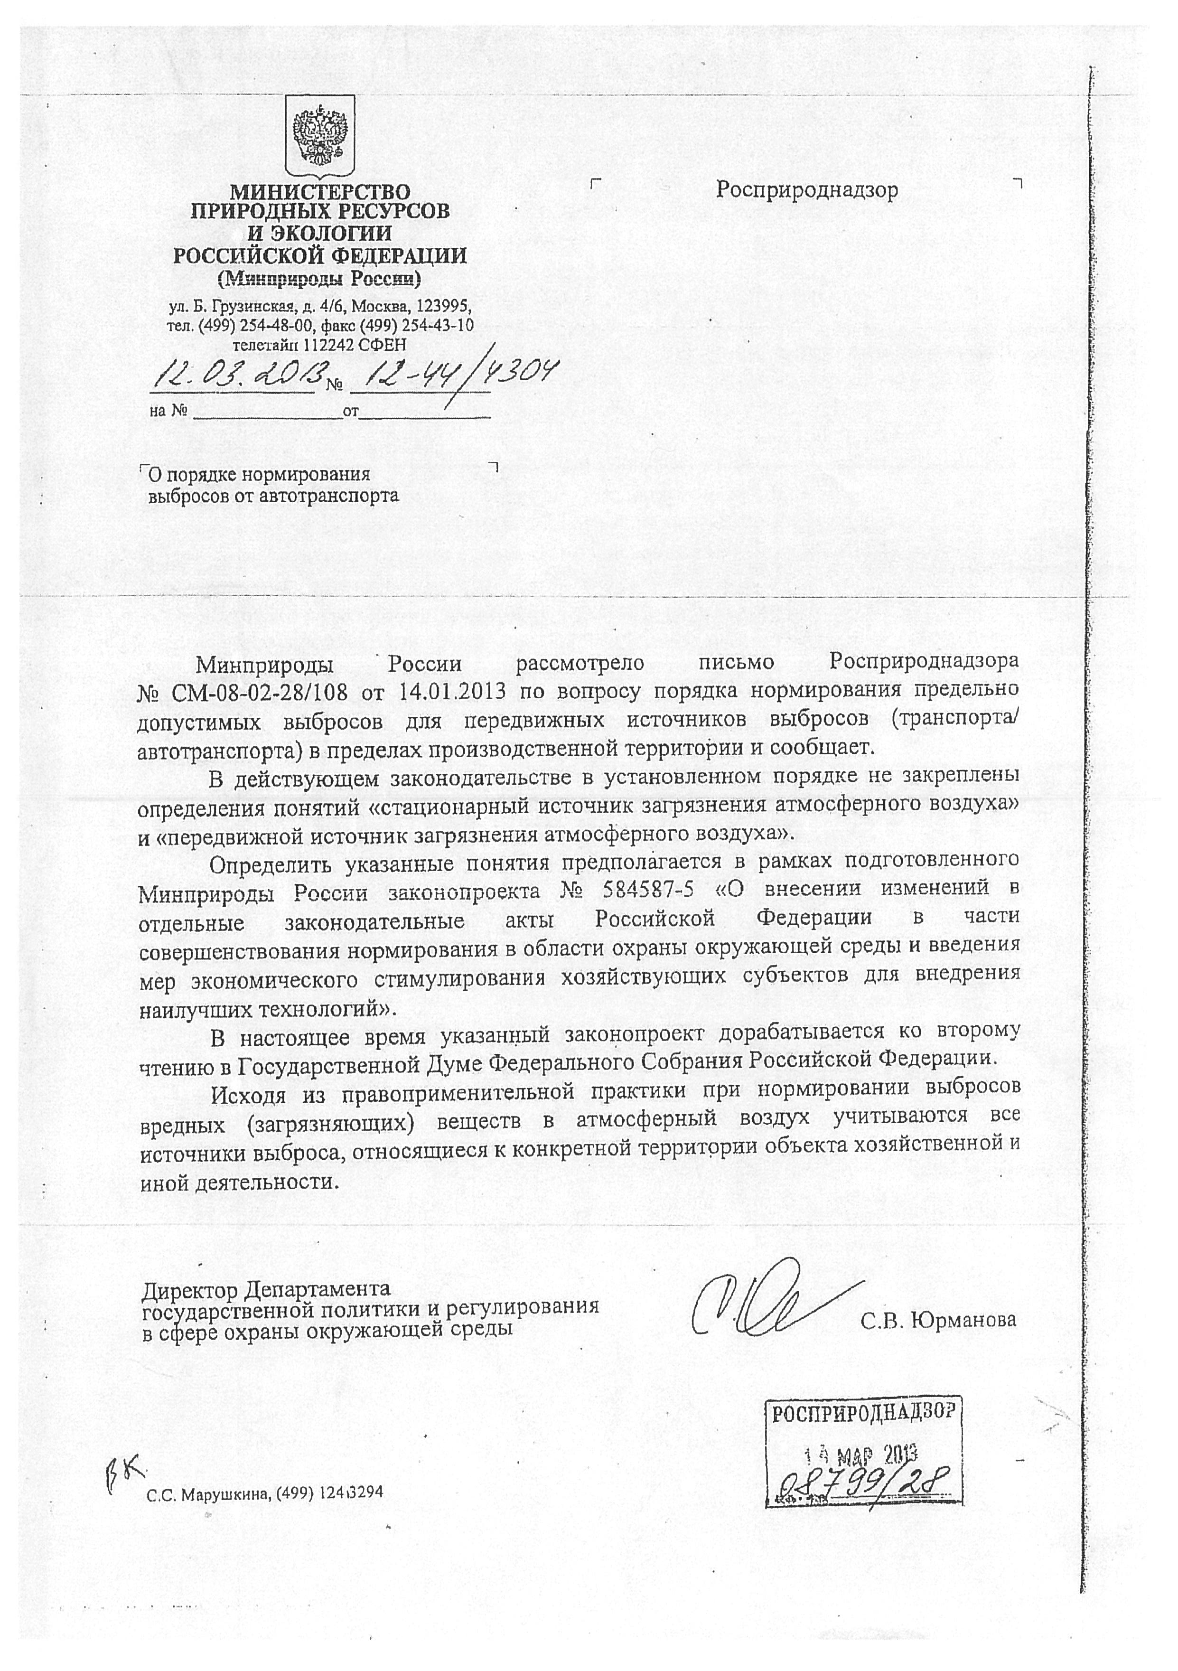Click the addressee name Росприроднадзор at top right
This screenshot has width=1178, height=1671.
coord(807,190)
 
